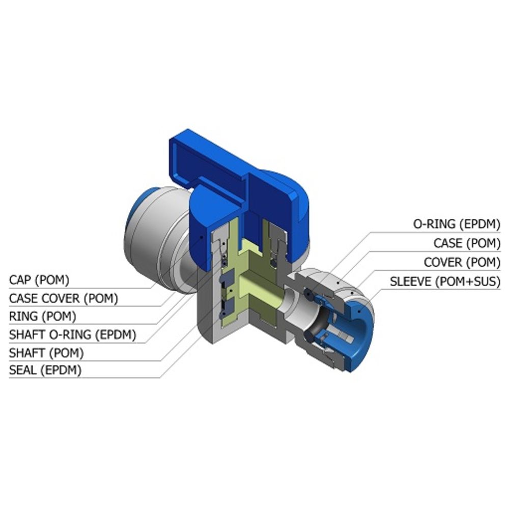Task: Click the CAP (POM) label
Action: click(x=39, y=280)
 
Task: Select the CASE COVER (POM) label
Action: click(x=63, y=298)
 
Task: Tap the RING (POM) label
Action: click(x=42, y=316)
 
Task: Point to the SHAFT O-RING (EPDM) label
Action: click(x=72, y=334)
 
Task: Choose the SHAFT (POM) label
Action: click(x=46, y=352)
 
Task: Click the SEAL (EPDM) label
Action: click(x=45, y=370)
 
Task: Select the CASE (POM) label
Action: click(x=467, y=243)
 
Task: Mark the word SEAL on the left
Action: click(x=22, y=370)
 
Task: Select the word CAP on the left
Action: click(x=20, y=280)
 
